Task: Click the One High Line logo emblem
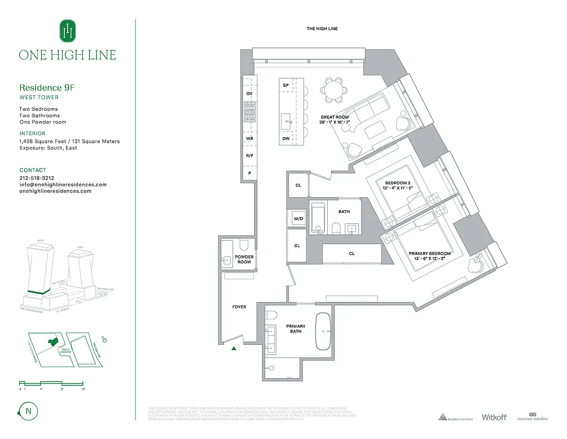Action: pos(68,31)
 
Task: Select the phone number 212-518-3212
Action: pos(37,178)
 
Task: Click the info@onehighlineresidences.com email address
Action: pos(63,185)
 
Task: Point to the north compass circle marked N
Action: pos(27,410)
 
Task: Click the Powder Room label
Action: pos(244,259)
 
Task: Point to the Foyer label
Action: pos(239,307)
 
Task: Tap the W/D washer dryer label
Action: pos(299,218)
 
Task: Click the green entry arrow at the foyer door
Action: pos(234,348)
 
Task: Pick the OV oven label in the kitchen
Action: pos(249,94)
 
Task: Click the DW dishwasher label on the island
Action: pos(286,139)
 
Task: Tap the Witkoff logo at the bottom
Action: pos(493,418)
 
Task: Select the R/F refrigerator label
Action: pos(249,156)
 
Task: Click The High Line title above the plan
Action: pos(322,29)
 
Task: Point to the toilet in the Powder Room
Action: pos(245,245)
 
